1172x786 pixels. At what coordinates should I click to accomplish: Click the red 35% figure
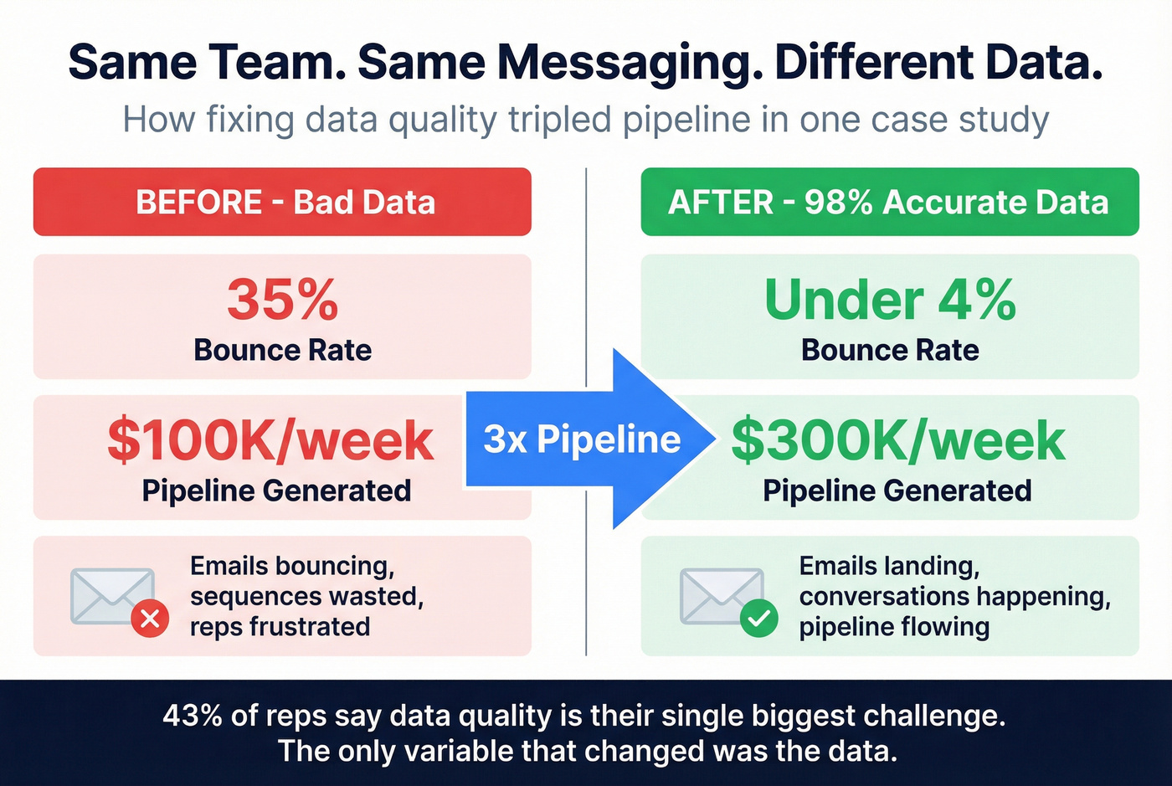(x=282, y=300)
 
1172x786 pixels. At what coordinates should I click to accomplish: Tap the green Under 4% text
(x=890, y=300)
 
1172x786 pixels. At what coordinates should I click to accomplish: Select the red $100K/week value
(x=270, y=441)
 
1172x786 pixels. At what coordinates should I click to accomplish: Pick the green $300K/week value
(x=897, y=441)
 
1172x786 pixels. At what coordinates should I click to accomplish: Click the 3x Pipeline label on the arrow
(x=582, y=439)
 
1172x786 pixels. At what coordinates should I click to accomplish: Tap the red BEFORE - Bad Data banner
(x=282, y=202)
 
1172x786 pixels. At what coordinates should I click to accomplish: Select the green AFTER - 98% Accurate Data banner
(x=889, y=202)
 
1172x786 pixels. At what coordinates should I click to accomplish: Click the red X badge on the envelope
(x=150, y=619)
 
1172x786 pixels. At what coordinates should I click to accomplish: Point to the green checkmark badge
(x=759, y=619)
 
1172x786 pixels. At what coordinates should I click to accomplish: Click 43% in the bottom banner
(x=193, y=716)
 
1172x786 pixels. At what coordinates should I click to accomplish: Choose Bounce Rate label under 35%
(x=282, y=350)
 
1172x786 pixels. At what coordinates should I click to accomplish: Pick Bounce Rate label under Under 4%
(x=890, y=350)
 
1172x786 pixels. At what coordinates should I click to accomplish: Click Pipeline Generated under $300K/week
(x=897, y=491)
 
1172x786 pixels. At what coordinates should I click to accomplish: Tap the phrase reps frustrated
(x=280, y=626)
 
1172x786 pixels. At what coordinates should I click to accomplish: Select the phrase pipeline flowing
(x=894, y=626)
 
